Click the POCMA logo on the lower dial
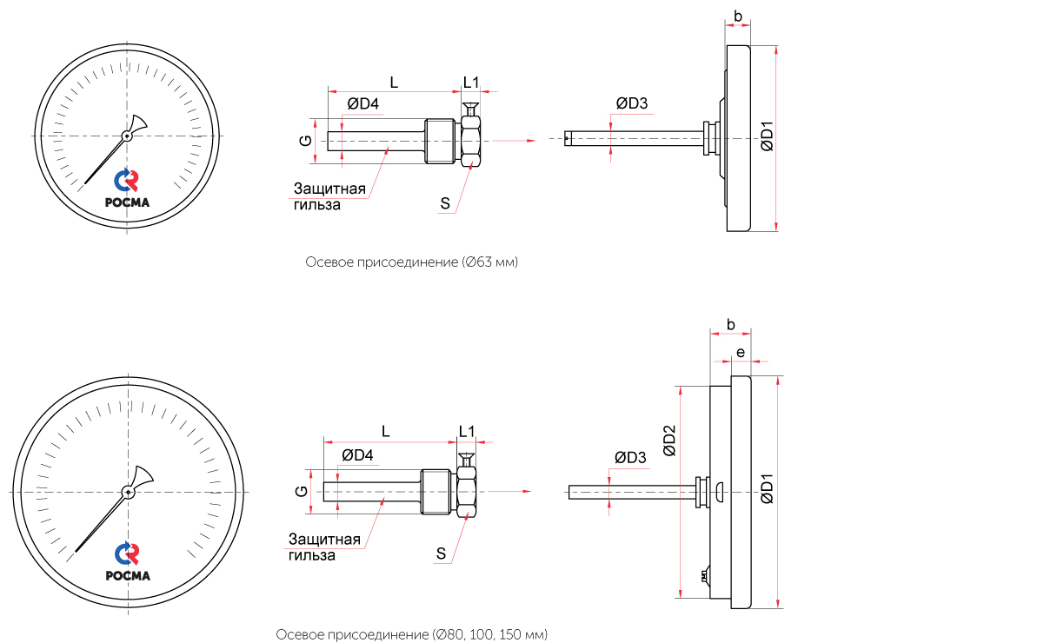[x=128, y=562]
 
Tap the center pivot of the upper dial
[x=127, y=136]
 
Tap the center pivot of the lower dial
[x=129, y=493]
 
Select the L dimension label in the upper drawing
[x=393, y=83]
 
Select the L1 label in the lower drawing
[x=467, y=431]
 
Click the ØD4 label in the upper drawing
[x=362, y=104]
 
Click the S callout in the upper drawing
[x=445, y=204]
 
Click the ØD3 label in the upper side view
[x=632, y=103]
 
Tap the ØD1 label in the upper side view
[x=767, y=137]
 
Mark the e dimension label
[x=740, y=352]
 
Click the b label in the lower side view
[x=731, y=325]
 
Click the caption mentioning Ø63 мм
[x=411, y=262]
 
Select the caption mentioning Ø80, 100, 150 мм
[x=411, y=635]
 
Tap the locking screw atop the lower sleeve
[x=466, y=460]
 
